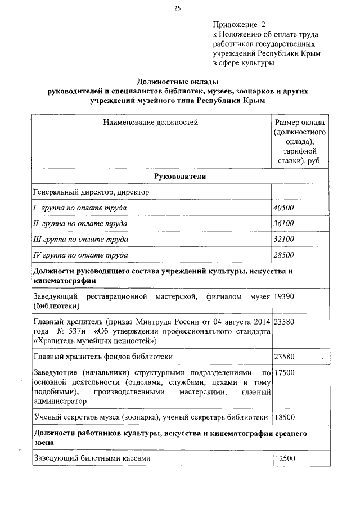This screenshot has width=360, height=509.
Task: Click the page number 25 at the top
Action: pyautogui.click(x=178, y=8)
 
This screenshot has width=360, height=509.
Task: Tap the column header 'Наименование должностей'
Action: pyautogui.click(x=150, y=121)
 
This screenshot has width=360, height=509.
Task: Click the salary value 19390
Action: pyautogui.click(x=284, y=296)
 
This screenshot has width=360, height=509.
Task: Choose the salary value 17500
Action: pyautogui.click(x=284, y=372)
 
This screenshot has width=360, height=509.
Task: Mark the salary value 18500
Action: pyautogui.click(x=284, y=417)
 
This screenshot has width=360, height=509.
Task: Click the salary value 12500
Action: pyautogui.click(x=285, y=458)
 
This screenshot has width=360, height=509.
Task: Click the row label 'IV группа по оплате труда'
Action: pyautogui.click(x=79, y=255)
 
